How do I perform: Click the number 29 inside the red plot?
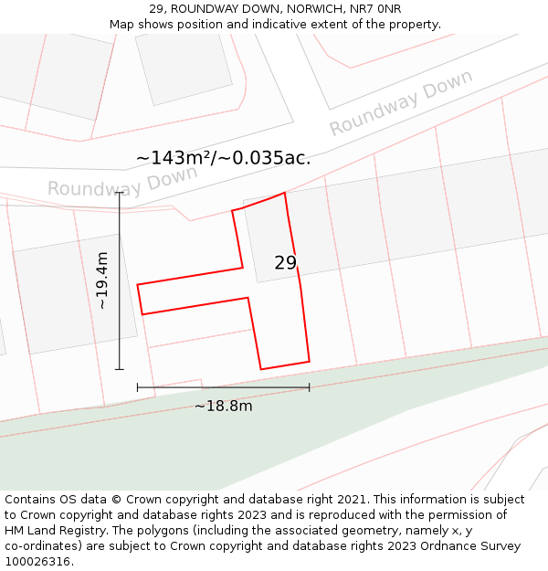(x=285, y=263)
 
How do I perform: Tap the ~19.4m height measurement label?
(x=102, y=280)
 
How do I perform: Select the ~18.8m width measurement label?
(x=223, y=406)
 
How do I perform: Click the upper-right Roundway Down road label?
(x=401, y=102)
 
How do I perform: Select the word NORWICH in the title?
(x=300, y=9)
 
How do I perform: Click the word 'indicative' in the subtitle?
(x=275, y=25)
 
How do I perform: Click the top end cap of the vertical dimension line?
(x=120, y=193)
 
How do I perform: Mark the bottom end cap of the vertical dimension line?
(x=120, y=369)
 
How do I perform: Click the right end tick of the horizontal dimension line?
(x=309, y=387)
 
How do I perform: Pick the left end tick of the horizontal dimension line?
(x=138, y=387)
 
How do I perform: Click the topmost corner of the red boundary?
(x=285, y=193)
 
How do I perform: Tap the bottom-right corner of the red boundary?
(x=309, y=361)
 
